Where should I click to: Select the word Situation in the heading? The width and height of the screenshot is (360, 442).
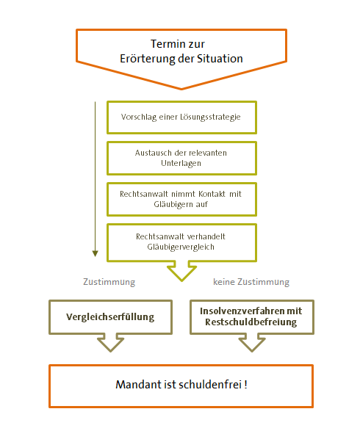[220, 59]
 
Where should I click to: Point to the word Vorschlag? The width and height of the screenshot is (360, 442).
[139, 117]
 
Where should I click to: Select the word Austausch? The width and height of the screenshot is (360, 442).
[154, 153]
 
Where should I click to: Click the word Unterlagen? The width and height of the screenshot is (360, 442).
[181, 163]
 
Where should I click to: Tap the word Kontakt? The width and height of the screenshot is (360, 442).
[212, 194]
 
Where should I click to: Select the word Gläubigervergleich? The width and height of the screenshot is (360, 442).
[181, 247]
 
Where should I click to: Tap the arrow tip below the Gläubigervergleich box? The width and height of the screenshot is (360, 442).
[181, 281]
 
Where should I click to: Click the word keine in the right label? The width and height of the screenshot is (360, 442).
[224, 282]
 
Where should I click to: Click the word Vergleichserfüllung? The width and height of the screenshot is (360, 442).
[110, 317]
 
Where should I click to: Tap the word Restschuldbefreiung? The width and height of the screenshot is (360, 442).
[251, 322]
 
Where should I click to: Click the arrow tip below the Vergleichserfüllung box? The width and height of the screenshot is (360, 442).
[111, 352]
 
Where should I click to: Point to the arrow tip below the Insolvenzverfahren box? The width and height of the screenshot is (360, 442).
[252, 352]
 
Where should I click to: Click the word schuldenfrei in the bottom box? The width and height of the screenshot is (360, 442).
[210, 385]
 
